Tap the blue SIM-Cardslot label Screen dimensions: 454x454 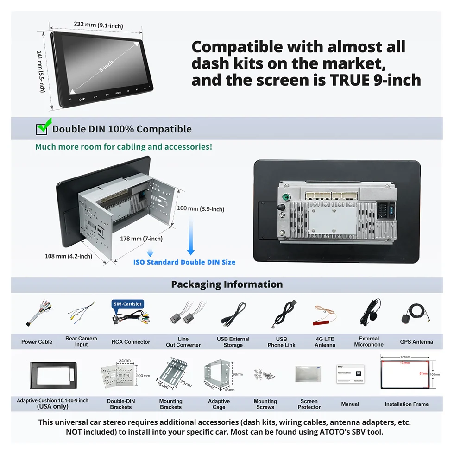tap(127, 304)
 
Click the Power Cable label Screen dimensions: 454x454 tap(37, 342)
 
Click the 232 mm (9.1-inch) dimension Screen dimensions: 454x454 tap(98, 25)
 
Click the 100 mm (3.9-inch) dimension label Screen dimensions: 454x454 tap(201, 209)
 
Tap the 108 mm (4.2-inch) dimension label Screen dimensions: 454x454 tap(68, 256)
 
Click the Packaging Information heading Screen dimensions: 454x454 tap(227, 284)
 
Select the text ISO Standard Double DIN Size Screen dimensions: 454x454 tap(184, 262)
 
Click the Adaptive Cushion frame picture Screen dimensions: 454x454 tap(52, 374)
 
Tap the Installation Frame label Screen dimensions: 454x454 tap(406, 404)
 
